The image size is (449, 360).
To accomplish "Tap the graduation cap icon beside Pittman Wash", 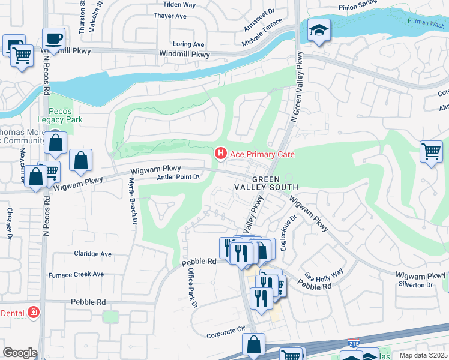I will pyautogui.click(x=318, y=29).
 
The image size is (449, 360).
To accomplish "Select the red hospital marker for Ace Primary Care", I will pyautogui.click(x=220, y=154).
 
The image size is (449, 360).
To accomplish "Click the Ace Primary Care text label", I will pyautogui.click(x=261, y=155).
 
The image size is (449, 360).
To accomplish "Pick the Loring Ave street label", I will pyautogui.click(x=188, y=44).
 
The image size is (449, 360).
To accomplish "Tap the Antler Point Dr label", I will pyautogui.click(x=178, y=177).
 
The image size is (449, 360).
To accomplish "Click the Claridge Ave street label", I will pyautogui.click(x=93, y=254).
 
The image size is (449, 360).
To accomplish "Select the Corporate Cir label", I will pyautogui.click(x=226, y=330).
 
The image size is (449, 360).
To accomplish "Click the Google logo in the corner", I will pyautogui.click(x=20, y=353).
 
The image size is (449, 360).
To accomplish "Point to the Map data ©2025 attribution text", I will pyautogui.click(x=423, y=355).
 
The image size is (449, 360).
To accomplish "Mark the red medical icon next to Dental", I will pyautogui.click(x=34, y=312).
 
